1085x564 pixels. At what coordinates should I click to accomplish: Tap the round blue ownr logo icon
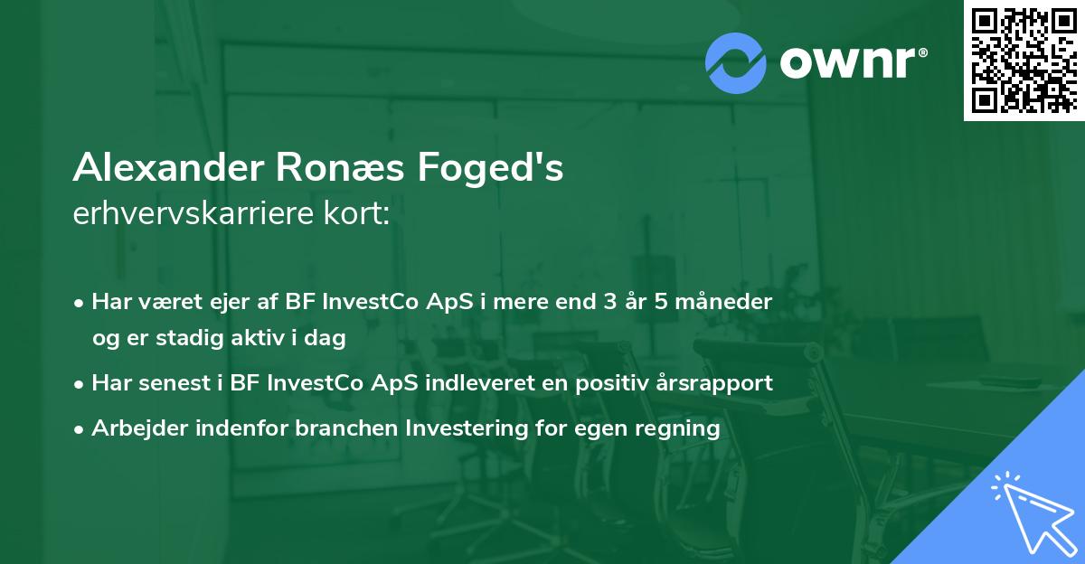coord(736,62)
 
